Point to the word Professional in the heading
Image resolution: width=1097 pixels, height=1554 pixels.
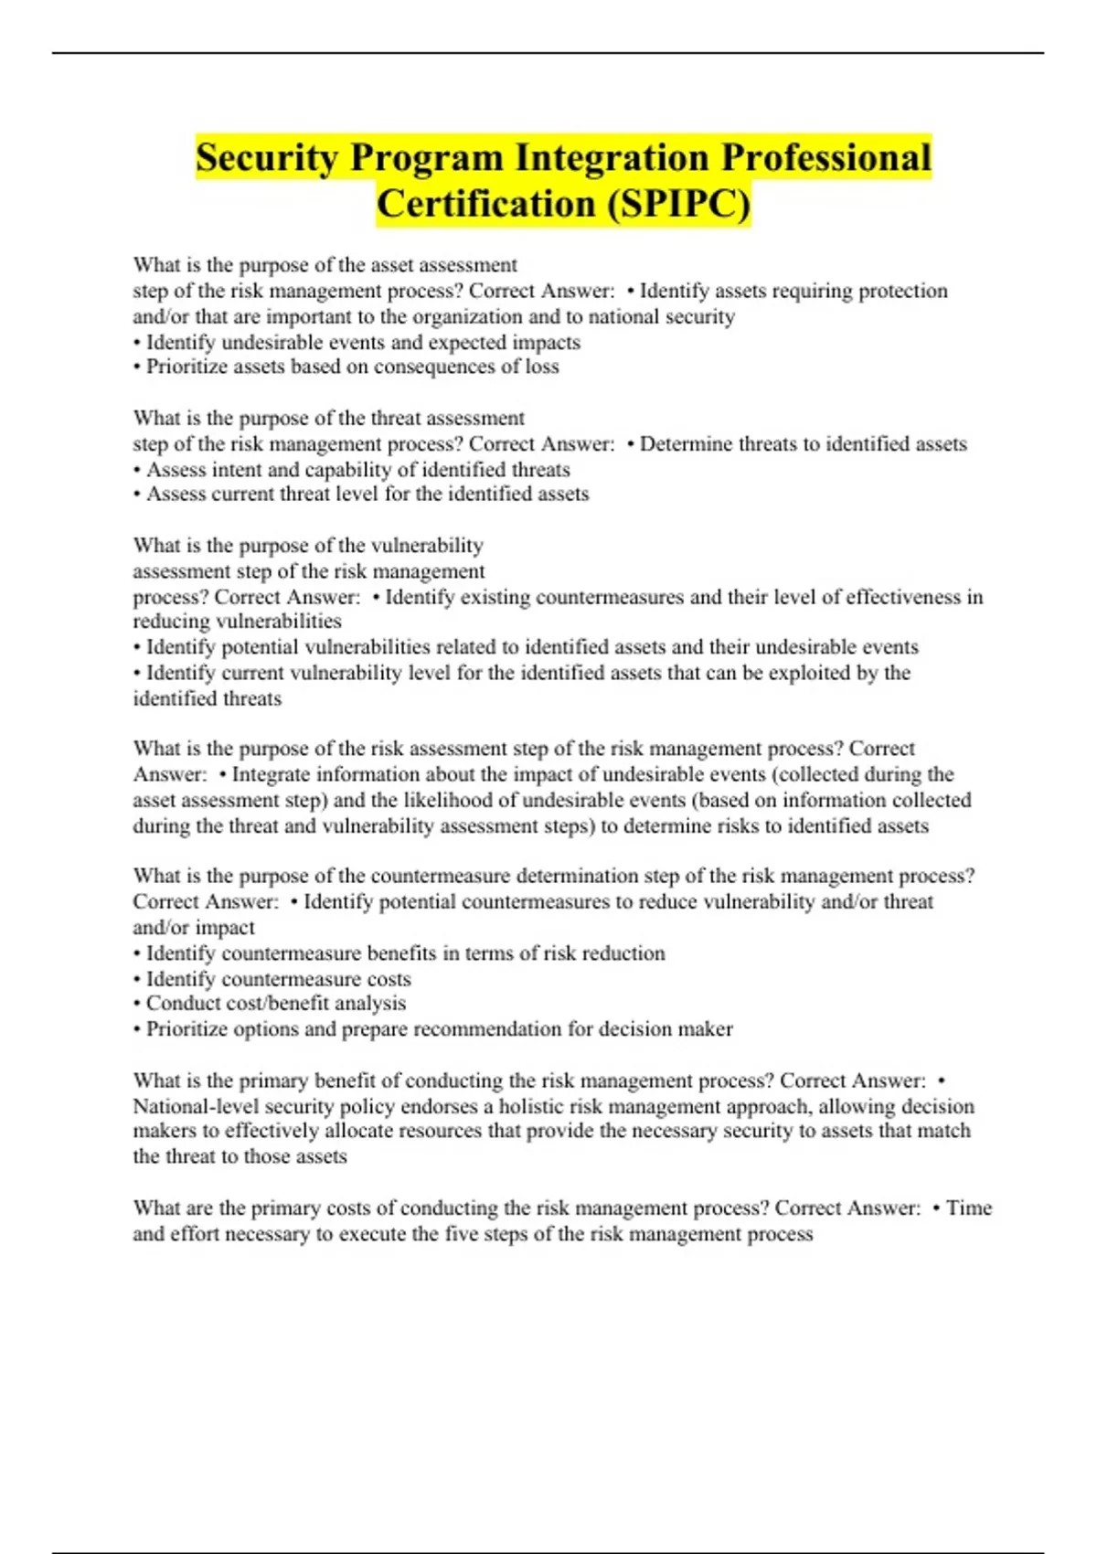tap(825, 158)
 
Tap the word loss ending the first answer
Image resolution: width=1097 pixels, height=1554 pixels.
tap(542, 367)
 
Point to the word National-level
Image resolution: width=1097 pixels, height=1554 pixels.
tap(196, 1106)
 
